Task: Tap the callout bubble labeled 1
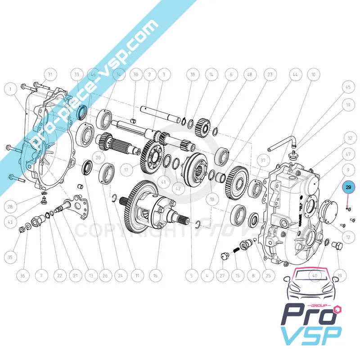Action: click(x=9, y=90)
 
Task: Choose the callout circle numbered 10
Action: click(x=314, y=74)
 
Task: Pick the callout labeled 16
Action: click(x=155, y=275)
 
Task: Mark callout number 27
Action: click(x=221, y=275)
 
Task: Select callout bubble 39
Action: click(x=339, y=275)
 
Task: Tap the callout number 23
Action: click(x=270, y=74)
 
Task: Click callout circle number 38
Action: click(x=193, y=74)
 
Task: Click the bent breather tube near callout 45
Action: click(x=281, y=145)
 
